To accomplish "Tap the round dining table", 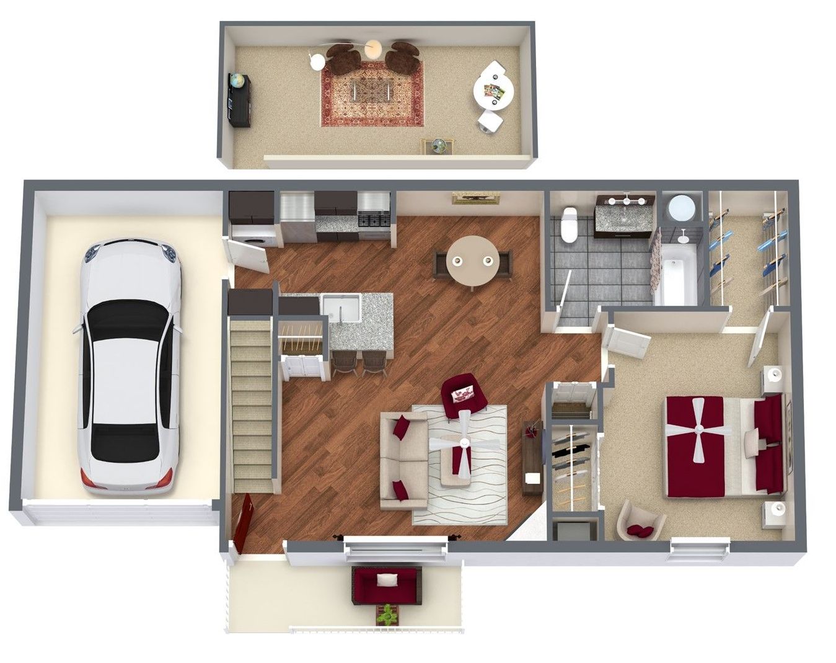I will click(x=473, y=260).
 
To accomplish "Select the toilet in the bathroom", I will click(x=568, y=225).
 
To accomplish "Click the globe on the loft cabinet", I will click(x=236, y=81).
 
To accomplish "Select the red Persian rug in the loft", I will click(x=372, y=94).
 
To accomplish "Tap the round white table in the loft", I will click(x=493, y=90).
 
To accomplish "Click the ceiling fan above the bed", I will click(x=698, y=429).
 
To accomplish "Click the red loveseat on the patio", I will click(x=387, y=584).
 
